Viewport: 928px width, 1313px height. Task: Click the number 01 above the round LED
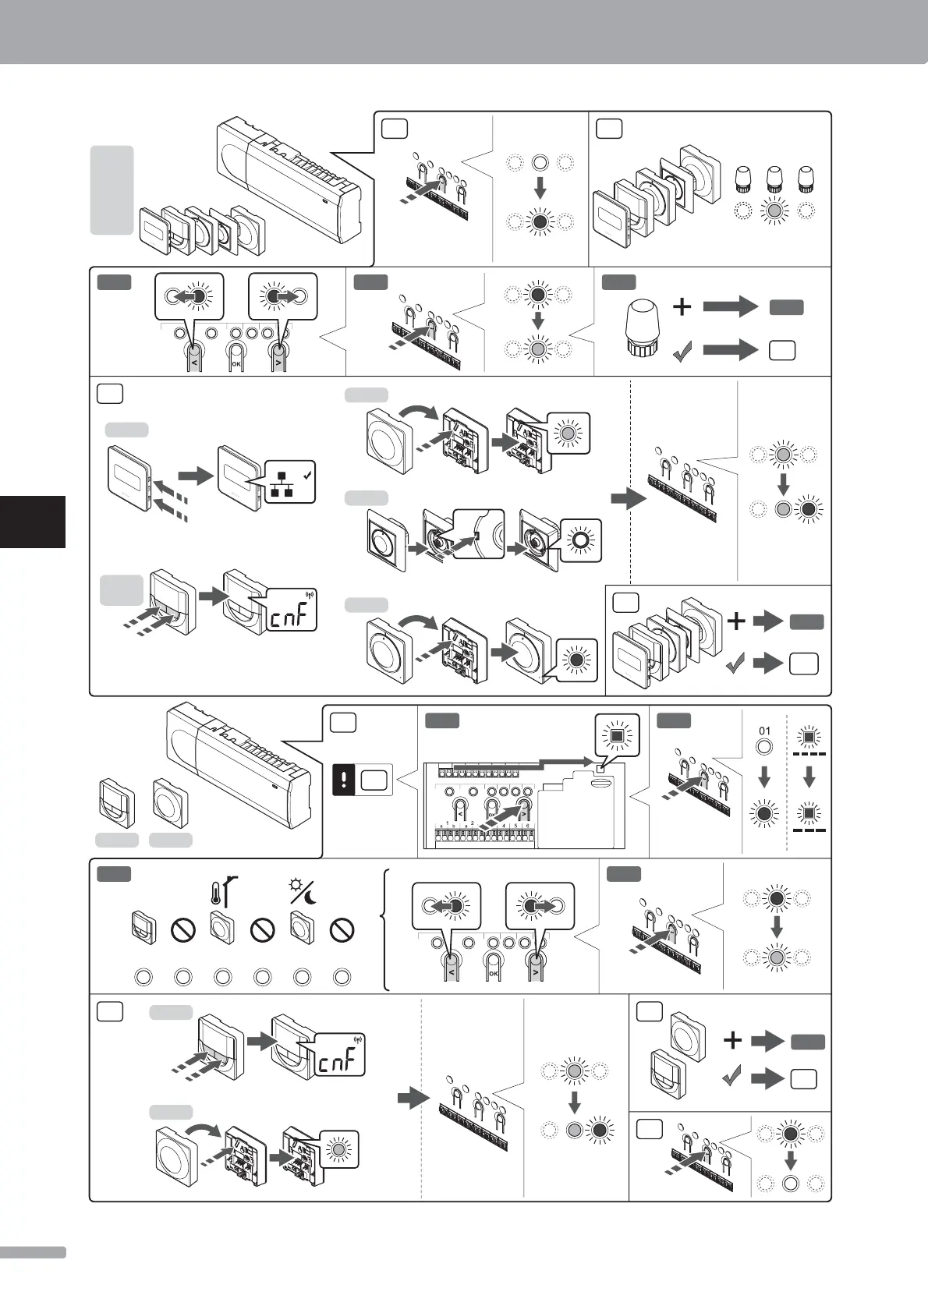click(x=764, y=731)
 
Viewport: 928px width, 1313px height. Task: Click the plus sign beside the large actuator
click(x=682, y=306)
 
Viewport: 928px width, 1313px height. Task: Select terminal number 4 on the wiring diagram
click(x=503, y=826)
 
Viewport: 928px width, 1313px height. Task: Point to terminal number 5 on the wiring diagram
click(x=515, y=826)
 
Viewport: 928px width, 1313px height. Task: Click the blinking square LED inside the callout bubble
click(x=617, y=734)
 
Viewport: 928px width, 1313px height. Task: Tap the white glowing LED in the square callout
click(x=580, y=540)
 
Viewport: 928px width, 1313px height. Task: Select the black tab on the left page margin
click(x=32, y=521)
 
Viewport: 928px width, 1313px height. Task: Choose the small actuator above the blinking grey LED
click(x=774, y=179)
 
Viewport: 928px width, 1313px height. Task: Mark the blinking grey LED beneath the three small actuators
click(x=774, y=211)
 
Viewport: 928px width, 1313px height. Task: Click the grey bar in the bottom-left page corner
click(x=32, y=1252)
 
